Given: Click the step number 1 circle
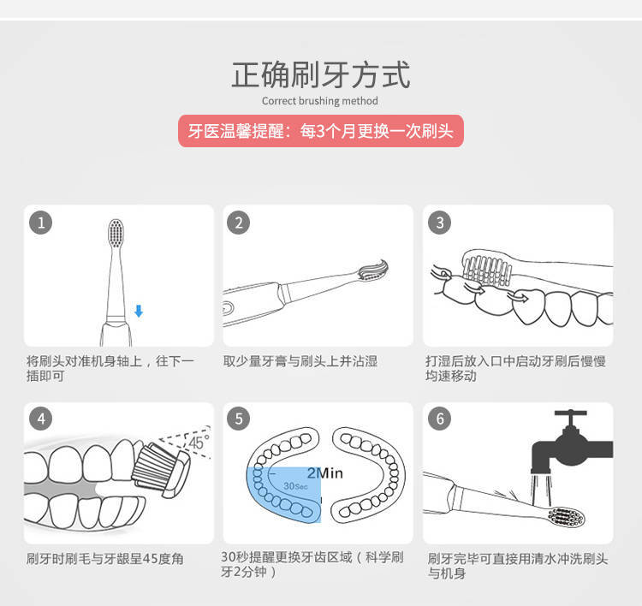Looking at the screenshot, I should (40, 223).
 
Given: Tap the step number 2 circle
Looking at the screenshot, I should (239, 223).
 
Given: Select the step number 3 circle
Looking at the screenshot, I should (439, 223).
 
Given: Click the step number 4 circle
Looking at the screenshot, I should (40, 419).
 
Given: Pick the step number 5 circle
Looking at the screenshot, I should (239, 419).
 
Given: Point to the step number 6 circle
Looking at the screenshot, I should (439, 419).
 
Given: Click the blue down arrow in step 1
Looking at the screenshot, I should (139, 311).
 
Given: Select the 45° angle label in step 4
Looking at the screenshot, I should (198, 443).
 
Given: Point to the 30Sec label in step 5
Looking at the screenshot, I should (295, 485).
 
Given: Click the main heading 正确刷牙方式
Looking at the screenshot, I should (320, 75).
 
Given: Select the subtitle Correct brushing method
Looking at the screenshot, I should (320, 101).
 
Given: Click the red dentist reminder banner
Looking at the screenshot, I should (320, 131).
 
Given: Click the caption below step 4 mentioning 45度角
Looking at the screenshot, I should (105, 559).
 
